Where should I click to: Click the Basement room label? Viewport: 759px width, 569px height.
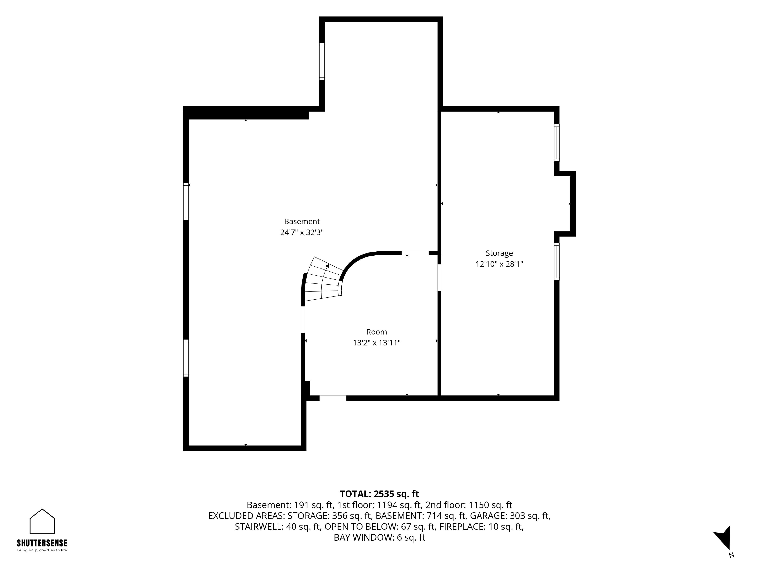click(x=302, y=221)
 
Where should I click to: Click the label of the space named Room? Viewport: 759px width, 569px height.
click(x=377, y=332)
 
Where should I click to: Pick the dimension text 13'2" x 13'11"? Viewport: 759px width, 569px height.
click(x=377, y=343)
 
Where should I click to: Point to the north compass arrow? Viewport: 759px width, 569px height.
click(x=723, y=538)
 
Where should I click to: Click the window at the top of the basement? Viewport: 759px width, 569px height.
click(x=322, y=61)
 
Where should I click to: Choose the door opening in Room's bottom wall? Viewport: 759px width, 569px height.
click(x=333, y=398)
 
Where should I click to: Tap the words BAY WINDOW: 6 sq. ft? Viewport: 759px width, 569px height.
click(x=379, y=537)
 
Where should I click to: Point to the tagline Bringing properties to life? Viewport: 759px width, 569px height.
click(x=42, y=550)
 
